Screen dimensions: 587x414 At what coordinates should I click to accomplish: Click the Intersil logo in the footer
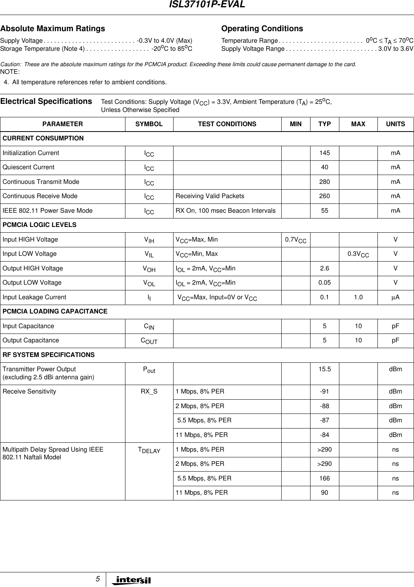[x=131, y=580]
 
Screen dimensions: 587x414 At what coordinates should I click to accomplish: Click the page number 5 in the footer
[x=98, y=579]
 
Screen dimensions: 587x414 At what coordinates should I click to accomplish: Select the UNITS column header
[x=395, y=124]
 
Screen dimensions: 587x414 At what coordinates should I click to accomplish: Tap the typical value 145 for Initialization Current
[x=324, y=153]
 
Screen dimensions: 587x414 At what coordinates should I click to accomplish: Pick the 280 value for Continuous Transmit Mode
[x=324, y=182]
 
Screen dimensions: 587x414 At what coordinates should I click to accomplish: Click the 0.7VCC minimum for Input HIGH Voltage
[x=295, y=240]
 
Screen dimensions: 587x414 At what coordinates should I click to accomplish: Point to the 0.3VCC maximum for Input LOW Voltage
[x=358, y=254]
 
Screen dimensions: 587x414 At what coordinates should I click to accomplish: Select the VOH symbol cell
[x=149, y=269]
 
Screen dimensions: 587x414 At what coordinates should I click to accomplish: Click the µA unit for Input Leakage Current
[x=395, y=297]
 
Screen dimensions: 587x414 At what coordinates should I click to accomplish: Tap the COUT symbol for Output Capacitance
[x=149, y=341]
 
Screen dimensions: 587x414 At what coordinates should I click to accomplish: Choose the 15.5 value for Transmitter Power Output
[x=324, y=369]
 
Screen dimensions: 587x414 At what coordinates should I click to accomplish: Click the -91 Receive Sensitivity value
[x=324, y=391]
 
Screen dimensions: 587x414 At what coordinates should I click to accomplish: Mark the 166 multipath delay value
[x=324, y=478]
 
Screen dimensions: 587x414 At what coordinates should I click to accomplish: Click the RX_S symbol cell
[x=149, y=391]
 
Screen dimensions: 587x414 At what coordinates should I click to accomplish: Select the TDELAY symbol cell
[x=149, y=450]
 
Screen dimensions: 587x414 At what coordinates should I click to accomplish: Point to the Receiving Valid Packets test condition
[x=210, y=196]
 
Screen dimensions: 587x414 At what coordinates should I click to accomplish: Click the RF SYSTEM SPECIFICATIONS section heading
[x=48, y=355]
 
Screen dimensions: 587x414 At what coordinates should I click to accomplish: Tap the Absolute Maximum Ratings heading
[x=52, y=28]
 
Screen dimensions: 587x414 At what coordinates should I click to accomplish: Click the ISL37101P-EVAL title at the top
[x=207, y=5]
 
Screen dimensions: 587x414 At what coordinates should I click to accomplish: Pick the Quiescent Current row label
[x=28, y=167]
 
